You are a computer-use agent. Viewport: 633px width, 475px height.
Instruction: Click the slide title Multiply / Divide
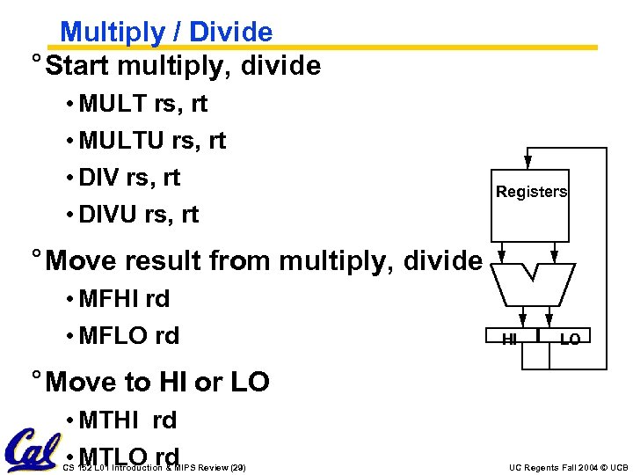tap(166, 32)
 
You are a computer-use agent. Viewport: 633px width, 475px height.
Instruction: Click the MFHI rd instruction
tap(123, 299)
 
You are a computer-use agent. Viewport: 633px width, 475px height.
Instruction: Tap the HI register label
tap(509, 339)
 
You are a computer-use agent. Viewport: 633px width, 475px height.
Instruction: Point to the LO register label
tap(570, 339)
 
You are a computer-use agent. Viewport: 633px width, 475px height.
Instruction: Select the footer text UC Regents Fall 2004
tap(568, 466)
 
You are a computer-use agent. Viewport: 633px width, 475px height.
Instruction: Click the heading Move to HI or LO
tap(157, 382)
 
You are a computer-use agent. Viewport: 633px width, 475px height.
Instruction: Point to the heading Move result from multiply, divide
tap(264, 260)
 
